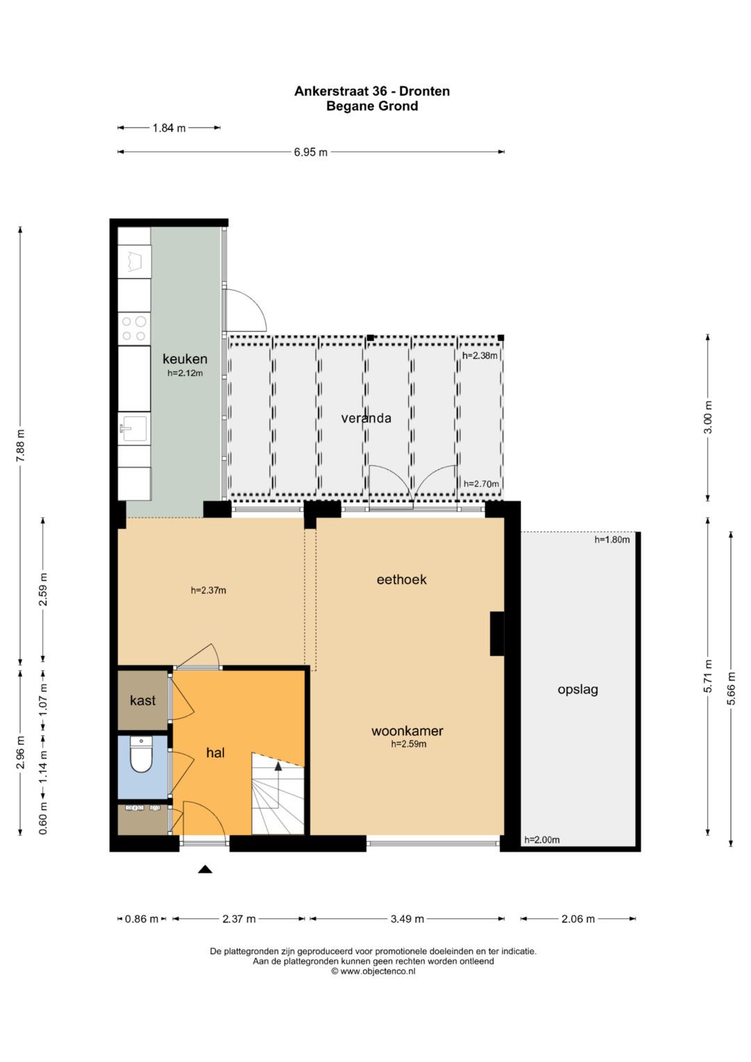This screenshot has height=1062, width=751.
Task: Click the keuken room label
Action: click(185, 359)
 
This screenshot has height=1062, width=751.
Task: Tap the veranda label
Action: click(366, 418)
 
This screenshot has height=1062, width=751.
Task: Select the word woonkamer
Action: click(407, 731)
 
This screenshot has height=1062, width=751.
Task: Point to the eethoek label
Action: click(401, 579)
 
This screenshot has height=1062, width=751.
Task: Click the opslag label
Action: click(578, 689)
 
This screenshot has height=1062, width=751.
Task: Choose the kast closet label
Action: click(143, 700)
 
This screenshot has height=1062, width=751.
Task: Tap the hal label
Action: click(216, 753)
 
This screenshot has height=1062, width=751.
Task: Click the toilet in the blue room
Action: click(141, 755)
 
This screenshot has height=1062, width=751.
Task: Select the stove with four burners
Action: click(134, 328)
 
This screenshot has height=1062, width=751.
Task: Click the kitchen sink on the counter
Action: click(134, 428)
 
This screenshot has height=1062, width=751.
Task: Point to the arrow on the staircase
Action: click(278, 766)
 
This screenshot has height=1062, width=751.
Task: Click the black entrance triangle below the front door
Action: click(204, 869)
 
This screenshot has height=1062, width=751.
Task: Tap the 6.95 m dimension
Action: click(310, 152)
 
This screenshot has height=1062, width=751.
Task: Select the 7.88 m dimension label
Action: click(20, 445)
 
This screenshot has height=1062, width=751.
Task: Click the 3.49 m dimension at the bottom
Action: click(407, 919)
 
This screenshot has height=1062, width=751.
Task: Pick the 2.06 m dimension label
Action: click(578, 919)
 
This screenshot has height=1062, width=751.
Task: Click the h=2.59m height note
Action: click(408, 744)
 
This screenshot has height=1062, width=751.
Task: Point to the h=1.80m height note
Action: click(612, 540)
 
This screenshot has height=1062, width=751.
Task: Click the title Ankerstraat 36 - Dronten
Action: click(372, 91)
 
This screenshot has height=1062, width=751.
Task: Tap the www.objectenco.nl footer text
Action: click(373, 972)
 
